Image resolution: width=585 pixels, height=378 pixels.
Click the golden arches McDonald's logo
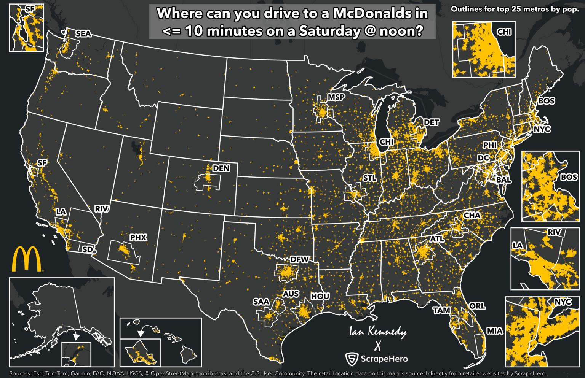pos(26,259)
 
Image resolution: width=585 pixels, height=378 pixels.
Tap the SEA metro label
pos(83,34)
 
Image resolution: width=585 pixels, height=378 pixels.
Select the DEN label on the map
pos(221,168)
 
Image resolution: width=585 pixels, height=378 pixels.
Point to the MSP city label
pos(336,97)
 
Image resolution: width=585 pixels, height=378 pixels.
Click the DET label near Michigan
pos(431,122)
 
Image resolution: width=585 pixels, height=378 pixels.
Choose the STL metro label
pos(369,178)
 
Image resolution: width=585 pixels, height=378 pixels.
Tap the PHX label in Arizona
pos(138,238)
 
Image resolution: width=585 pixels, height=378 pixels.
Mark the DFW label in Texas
pos(299,260)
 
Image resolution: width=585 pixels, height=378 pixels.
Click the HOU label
pos(320,296)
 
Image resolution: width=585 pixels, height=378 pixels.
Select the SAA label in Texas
pos(261,302)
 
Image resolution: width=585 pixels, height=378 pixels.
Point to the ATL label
pos(437,239)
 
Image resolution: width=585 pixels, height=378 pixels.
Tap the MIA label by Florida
pos(495,331)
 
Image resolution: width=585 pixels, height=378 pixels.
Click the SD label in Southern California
pos(88,249)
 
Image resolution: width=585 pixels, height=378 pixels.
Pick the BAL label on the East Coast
pos(503,180)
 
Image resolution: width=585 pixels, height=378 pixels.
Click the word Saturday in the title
pos(329,31)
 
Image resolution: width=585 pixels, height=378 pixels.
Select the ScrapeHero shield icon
pos(352,359)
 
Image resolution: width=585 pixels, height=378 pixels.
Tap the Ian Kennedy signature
pos(378,332)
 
